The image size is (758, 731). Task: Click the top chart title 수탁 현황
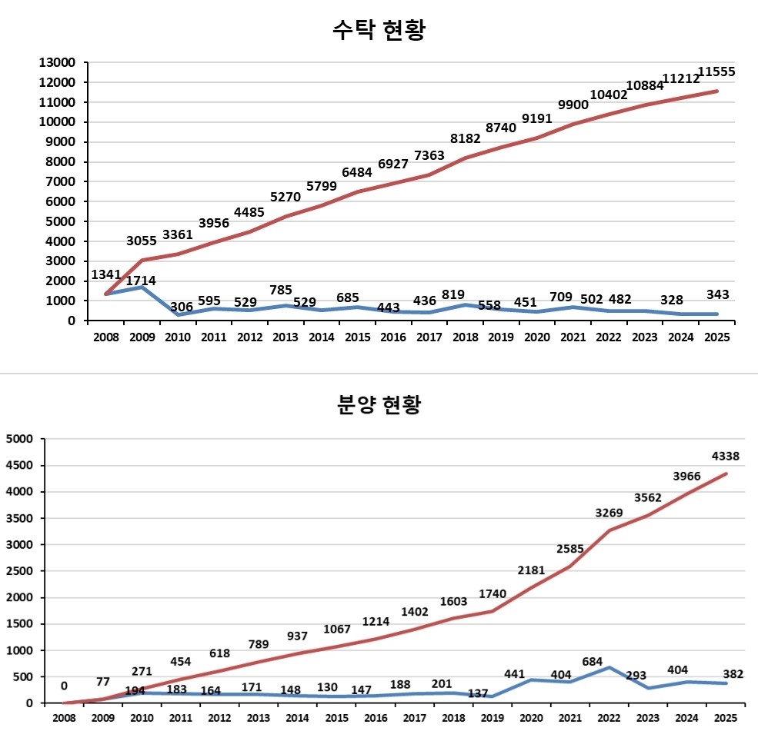coord(379,30)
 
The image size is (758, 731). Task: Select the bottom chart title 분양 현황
coord(379,404)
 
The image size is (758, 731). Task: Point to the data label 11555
coord(716,72)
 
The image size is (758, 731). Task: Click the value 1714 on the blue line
coord(141,281)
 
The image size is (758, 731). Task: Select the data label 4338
coord(726,456)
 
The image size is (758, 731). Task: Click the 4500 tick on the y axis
coord(20,466)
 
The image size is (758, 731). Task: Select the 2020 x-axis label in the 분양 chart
coord(531,717)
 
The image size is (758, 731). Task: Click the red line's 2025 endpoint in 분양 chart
coord(726,473)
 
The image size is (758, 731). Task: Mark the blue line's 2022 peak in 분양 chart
coord(609,667)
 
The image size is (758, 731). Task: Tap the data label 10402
coord(609,95)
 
